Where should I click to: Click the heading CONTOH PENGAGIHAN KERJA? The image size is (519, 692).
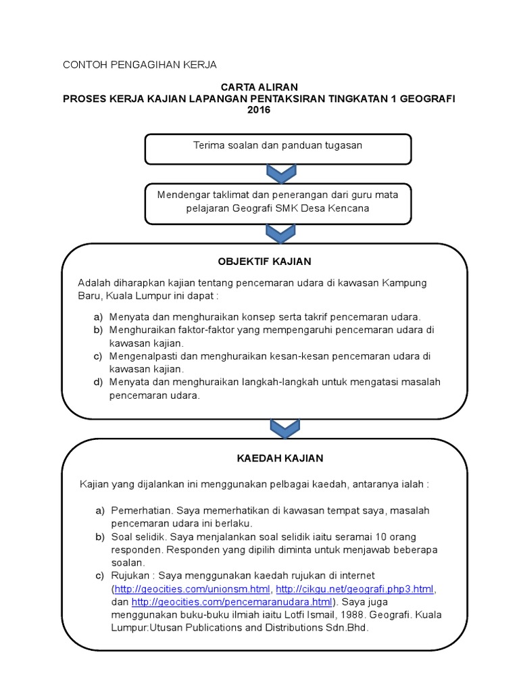(x=139, y=65)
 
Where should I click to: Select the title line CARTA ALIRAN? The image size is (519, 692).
(x=259, y=87)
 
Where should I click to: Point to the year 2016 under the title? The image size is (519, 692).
(x=259, y=110)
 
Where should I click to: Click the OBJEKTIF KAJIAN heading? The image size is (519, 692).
(x=264, y=261)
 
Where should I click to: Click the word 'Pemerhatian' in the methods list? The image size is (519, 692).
(x=139, y=510)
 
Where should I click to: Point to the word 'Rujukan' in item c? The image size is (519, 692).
(x=130, y=575)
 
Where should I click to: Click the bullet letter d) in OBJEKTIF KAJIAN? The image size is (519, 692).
(x=99, y=382)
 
